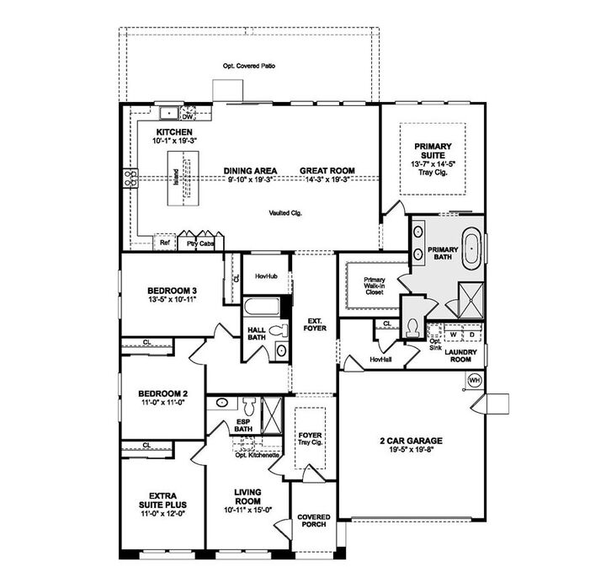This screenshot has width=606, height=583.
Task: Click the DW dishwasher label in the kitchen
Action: pyautogui.click(x=188, y=117)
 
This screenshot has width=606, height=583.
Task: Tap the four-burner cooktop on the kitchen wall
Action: pyautogui.click(x=131, y=178)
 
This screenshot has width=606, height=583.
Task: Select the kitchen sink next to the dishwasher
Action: pyautogui.click(x=168, y=110)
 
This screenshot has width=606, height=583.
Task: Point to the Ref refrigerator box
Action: pyautogui.click(x=166, y=243)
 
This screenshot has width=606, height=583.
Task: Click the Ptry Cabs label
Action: pyautogui.click(x=199, y=243)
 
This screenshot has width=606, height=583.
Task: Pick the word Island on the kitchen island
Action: pyautogui.click(x=176, y=178)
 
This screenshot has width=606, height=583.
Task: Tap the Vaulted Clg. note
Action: pyautogui.click(x=286, y=213)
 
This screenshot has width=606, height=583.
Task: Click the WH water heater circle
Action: pyautogui.click(x=473, y=380)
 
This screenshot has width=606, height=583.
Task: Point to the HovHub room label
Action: pyautogui.click(x=265, y=275)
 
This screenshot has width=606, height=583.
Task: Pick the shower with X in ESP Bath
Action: pyautogui.click(x=272, y=414)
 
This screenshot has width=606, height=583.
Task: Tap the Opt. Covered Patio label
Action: pyautogui.click(x=249, y=66)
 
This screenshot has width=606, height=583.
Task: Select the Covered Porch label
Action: pyautogui.click(x=313, y=521)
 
